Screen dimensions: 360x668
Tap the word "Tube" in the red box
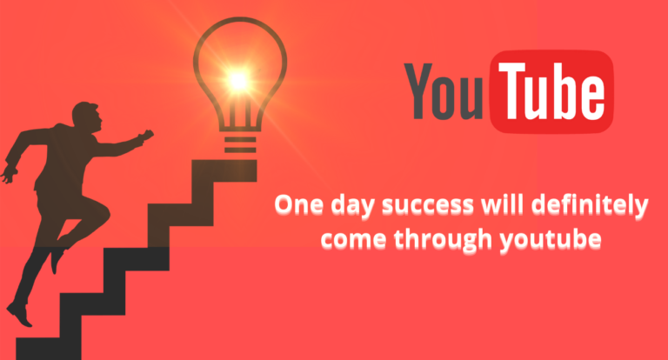tap(551, 90)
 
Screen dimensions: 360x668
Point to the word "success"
tap(427, 206)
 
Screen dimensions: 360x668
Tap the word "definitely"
tap(592, 206)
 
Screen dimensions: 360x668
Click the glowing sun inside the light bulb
tap(237, 80)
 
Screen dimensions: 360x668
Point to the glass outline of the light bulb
tap(199, 61)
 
